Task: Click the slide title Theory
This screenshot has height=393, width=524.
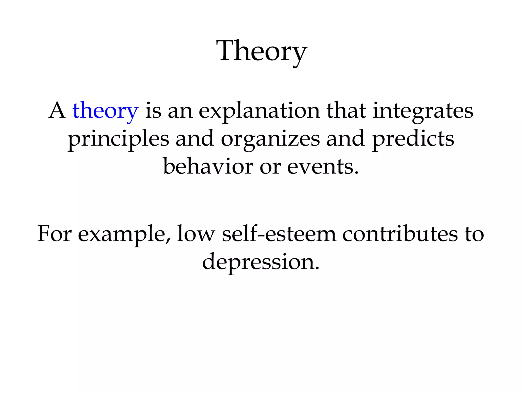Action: point(261,51)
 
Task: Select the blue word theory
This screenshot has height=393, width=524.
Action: point(105,111)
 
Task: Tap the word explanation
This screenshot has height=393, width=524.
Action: point(259,111)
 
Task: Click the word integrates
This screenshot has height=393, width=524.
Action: point(423,111)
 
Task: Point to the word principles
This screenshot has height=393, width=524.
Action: point(118,139)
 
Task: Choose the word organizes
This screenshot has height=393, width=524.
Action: point(270,139)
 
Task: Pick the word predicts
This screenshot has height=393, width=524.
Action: point(413,139)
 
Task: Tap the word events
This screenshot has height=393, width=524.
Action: point(323,167)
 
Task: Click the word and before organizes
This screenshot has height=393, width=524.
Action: point(195,139)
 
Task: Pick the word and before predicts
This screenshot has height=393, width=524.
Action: point(345,139)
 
